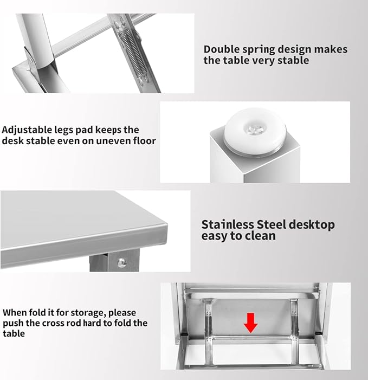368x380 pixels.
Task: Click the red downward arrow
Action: pos(250,323)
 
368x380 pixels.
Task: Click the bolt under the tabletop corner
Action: pos(121,262)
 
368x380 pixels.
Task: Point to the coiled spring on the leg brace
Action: pos(131,51)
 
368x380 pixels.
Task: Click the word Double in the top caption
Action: pos(221,49)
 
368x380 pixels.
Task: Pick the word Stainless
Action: pos(227,224)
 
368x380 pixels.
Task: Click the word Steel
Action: pos(272,224)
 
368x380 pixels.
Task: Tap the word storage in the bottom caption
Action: pos(85,313)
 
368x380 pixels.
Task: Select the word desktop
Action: pos(312,225)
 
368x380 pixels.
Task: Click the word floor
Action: pos(145,140)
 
